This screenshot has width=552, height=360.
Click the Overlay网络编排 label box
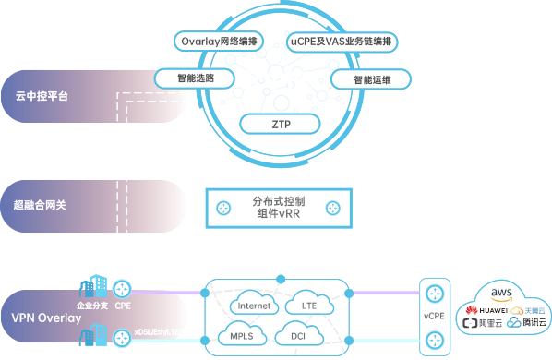[x=219, y=41]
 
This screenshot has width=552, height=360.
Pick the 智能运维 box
[x=371, y=79]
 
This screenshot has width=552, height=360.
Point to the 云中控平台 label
[x=42, y=94]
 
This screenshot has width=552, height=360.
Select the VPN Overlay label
[x=46, y=318]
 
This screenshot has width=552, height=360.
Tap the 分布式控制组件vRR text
[x=278, y=207]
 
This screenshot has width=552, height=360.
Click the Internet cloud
[x=253, y=306]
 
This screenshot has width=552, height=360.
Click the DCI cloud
[x=298, y=335]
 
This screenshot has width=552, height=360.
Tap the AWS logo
[x=501, y=294]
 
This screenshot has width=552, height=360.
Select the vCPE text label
[x=434, y=315]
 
